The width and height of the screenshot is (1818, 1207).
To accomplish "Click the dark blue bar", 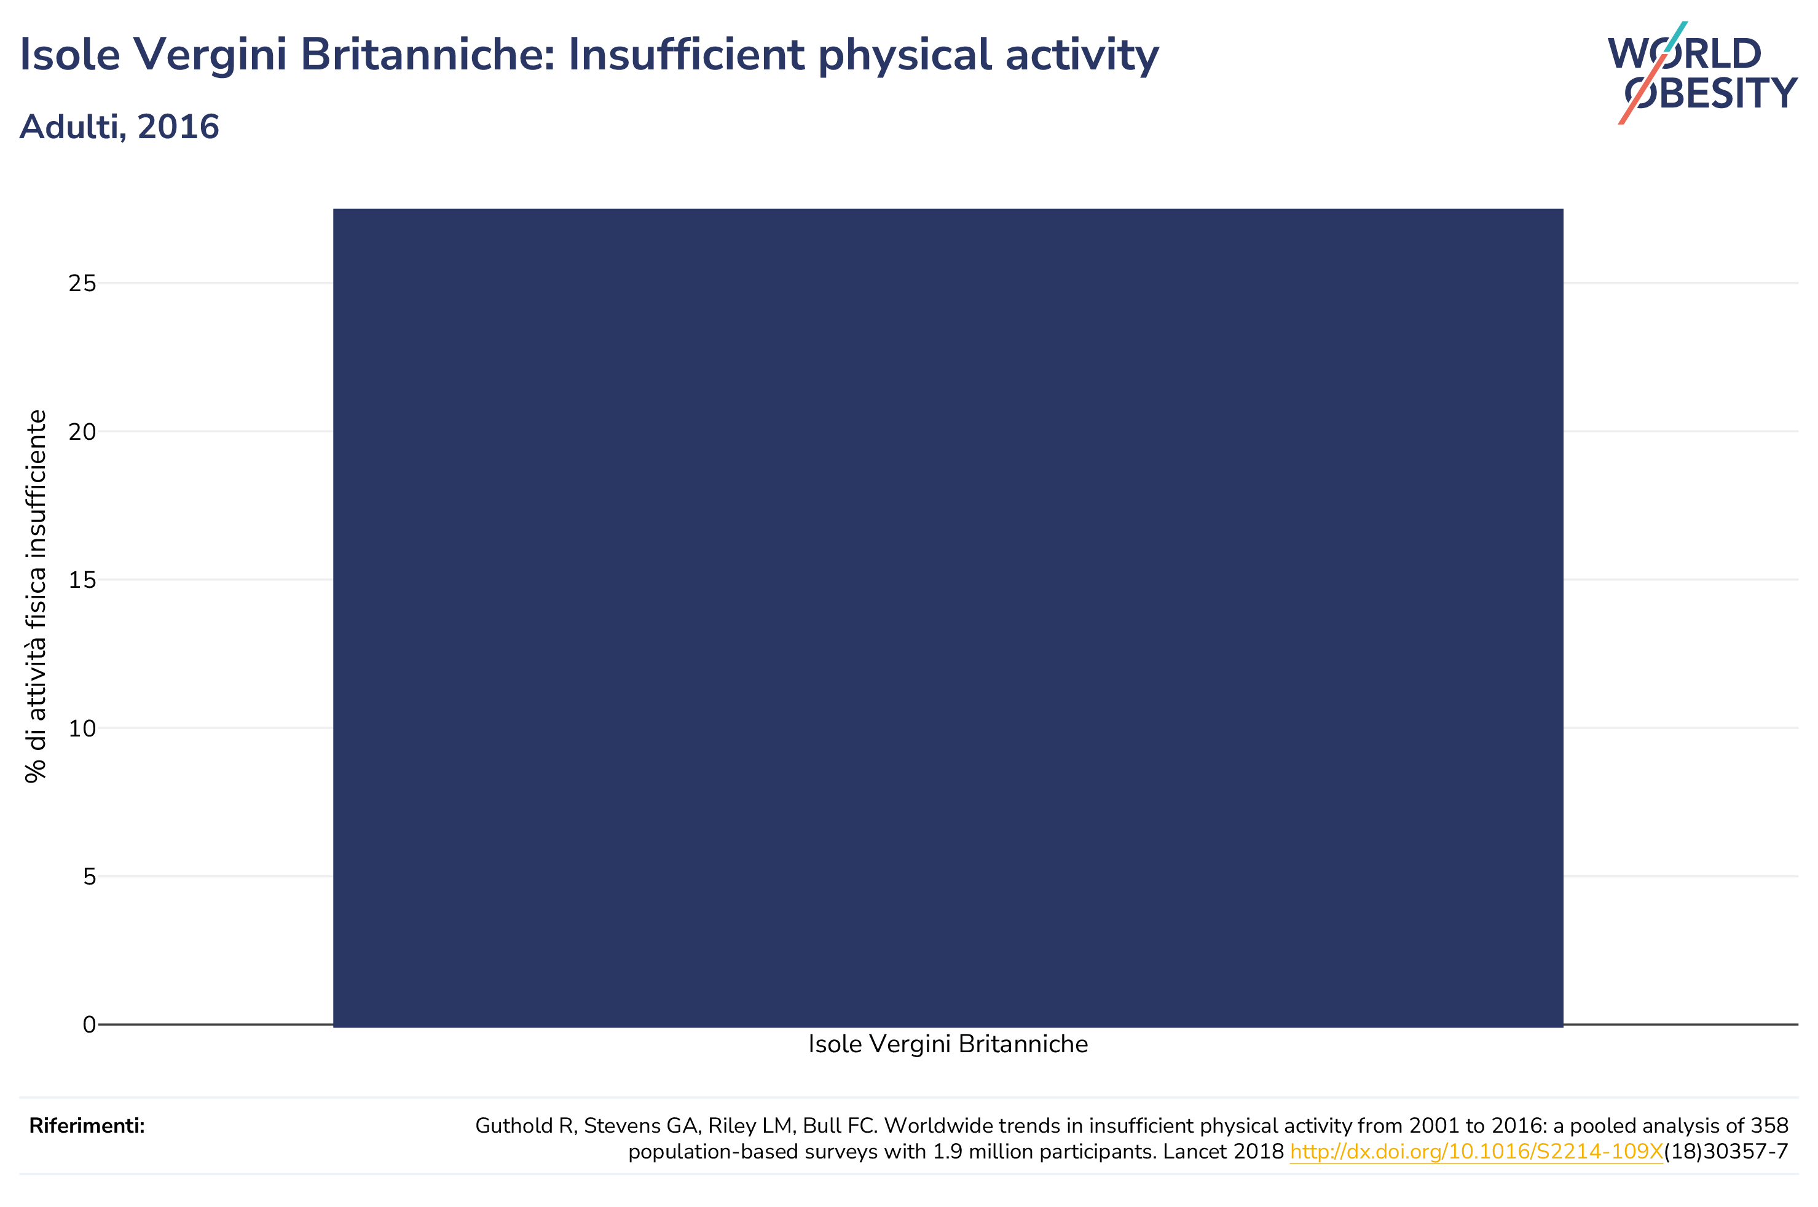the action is coord(948,617).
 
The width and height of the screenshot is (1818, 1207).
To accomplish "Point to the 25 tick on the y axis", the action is coord(82,283).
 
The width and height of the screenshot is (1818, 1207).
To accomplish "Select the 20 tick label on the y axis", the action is coord(82,432).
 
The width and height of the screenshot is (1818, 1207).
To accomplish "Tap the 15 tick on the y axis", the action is coord(82,580).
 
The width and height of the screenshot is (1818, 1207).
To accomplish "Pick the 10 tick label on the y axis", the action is coord(82,728).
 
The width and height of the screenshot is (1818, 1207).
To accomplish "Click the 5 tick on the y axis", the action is coord(89,876).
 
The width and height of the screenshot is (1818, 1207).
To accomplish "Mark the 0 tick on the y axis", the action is coord(89,1025).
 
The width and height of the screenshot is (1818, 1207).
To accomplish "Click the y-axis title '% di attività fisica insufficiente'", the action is coord(36,596).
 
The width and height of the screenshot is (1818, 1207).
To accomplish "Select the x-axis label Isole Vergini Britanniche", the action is coord(948,1045).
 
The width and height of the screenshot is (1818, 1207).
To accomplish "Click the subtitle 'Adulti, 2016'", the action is coord(119,127).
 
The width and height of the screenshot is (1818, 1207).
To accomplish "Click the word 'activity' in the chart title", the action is coord(1081,56).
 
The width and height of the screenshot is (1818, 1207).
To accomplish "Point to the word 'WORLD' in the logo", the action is coord(1685,54).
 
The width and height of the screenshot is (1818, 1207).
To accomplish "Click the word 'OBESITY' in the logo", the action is coord(1711,93).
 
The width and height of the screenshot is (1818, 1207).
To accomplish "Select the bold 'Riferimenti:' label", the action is coord(87,1126).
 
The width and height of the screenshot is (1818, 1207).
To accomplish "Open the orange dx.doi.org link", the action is coord(1476,1152).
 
